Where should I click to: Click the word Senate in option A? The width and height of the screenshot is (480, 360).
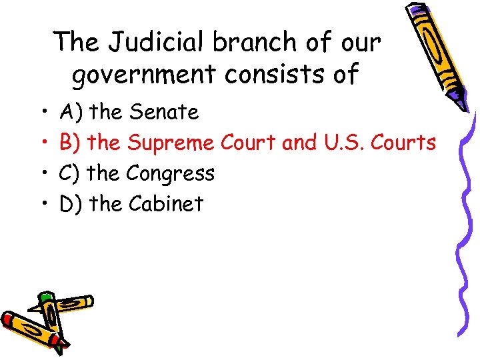164,113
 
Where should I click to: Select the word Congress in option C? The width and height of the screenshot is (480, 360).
170,174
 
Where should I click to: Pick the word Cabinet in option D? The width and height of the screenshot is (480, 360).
165,204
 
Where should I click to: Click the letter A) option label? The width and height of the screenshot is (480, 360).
70,113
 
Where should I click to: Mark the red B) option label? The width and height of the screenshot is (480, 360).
70,143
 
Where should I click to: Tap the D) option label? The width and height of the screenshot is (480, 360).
71,204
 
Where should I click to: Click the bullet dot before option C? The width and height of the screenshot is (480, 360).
42,174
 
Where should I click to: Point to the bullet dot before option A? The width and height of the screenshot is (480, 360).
42,113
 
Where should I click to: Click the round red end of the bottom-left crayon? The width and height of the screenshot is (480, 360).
8,319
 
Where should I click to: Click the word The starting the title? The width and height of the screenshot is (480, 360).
78,43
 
